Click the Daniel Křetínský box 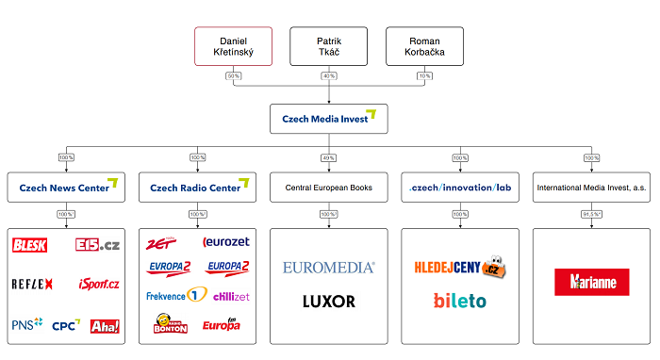point(233,47)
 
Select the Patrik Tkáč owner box point(329,47)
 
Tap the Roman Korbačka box point(425,47)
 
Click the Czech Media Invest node point(329,120)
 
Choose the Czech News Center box point(67,187)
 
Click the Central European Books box point(329,187)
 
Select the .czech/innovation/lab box point(460,187)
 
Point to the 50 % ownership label point(233,75)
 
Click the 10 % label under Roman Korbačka point(425,75)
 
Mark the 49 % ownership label point(329,157)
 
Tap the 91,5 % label point(592,214)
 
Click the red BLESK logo point(30,245)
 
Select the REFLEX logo point(32,284)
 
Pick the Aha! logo point(104,326)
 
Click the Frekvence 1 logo point(176,296)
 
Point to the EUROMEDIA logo point(329,268)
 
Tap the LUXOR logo point(329,302)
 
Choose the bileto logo point(460,302)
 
